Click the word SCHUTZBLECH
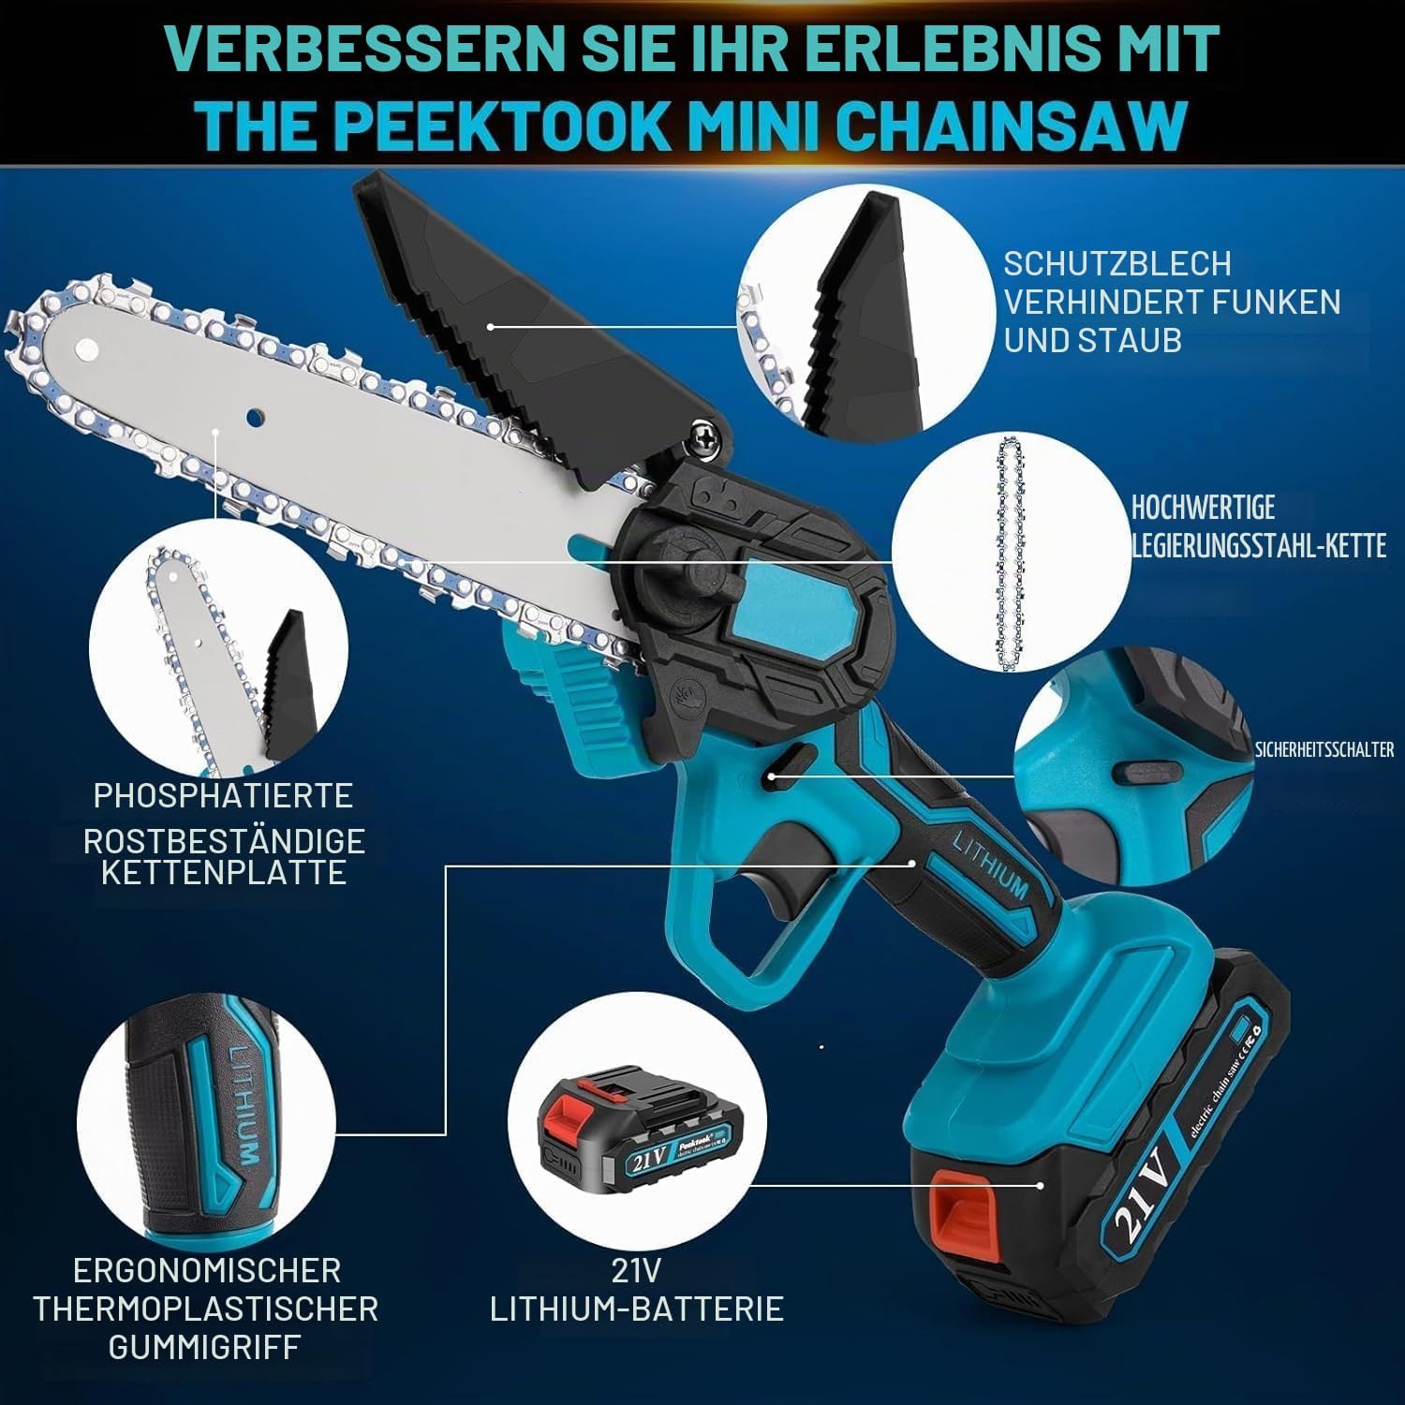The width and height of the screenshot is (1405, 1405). pyautogui.click(x=1117, y=264)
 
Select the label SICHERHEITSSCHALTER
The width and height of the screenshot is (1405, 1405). pyautogui.click(x=1324, y=749)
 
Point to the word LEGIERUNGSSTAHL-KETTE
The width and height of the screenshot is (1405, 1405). pyautogui.click(x=1259, y=546)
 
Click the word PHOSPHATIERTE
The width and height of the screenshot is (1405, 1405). pyautogui.click(x=223, y=795)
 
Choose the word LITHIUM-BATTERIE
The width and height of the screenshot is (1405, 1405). pyautogui.click(x=637, y=1308)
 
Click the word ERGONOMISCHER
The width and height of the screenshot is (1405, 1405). pyautogui.click(x=207, y=1270)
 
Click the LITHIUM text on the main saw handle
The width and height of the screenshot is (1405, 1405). pyautogui.click(x=989, y=865)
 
